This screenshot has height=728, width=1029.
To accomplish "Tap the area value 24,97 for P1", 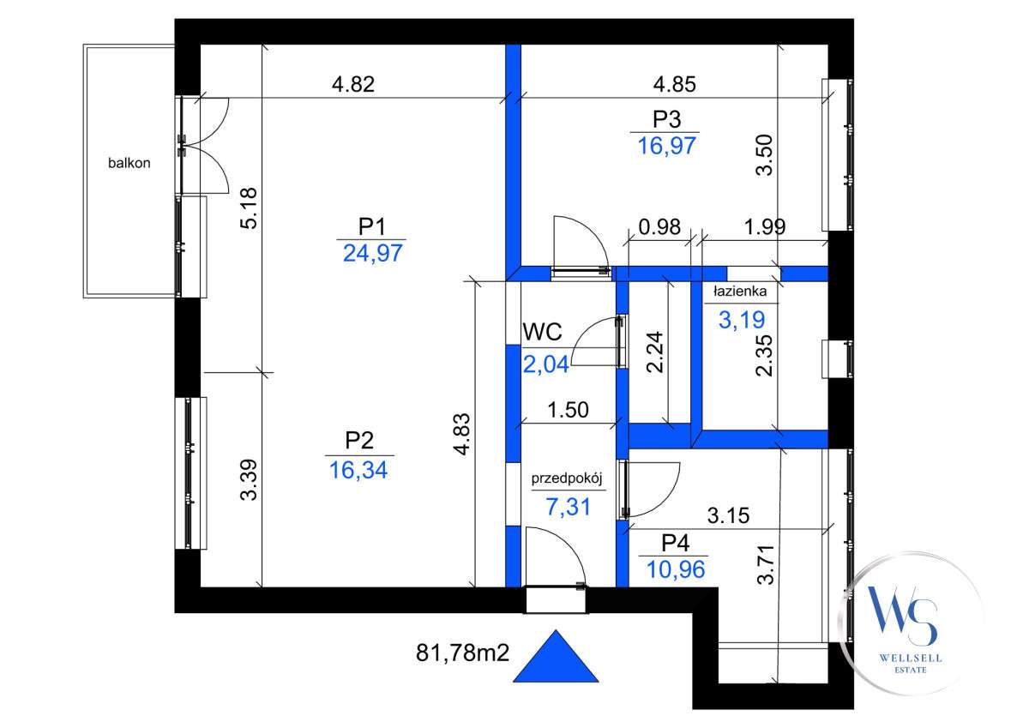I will pyautogui.click(x=371, y=253).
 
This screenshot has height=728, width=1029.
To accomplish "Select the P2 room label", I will pyautogui.click(x=359, y=441).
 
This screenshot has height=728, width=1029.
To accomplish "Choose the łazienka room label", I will pyautogui.click(x=746, y=292).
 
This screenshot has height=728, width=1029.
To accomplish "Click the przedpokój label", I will pyautogui.click(x=569, y=479).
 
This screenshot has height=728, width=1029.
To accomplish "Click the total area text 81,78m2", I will pyautogui.click(x=463, y=654).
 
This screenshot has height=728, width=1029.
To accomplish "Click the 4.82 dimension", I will pyautogui.click(x=353, y=85).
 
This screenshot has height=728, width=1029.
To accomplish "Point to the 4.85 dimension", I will pyautogui.click(x=674, y=85).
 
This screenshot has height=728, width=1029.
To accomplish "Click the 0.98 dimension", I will pyautogui.click(x=659, y=228).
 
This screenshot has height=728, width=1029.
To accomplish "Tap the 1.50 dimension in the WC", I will pyautogui.click(x=568, y=410).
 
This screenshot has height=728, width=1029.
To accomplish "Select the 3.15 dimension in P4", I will pyautogui.click(x=729, y=516).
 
